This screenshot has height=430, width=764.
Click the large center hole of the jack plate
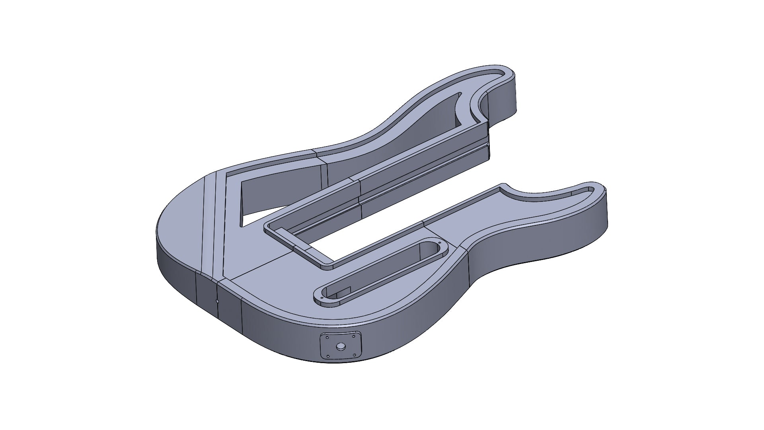[x=341, y=346]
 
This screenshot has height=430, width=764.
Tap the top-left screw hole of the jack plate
[x=327, y=338]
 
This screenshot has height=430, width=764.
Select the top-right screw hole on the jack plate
[x=354, y=336]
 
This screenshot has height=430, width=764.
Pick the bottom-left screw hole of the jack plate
[x=328, y=356]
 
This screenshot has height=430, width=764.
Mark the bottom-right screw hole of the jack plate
[x=354, y=355]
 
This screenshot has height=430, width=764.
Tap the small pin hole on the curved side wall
[x=217, y=301]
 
